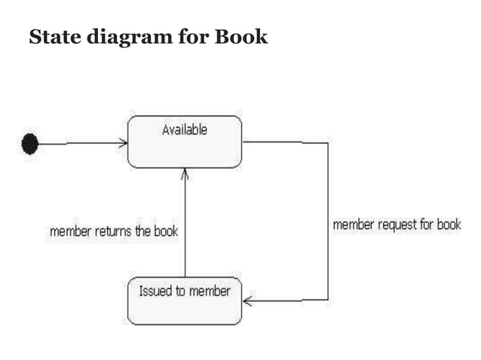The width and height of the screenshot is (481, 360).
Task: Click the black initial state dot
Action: (29, 143)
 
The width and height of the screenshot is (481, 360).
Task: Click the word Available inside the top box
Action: (185, 130)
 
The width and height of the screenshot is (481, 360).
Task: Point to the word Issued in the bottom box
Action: (154, 290)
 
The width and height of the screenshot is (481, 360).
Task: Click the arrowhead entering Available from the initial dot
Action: (124, 143)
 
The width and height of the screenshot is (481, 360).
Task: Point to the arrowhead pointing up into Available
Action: (185, 173)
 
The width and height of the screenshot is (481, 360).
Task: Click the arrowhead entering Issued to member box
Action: (247, 301)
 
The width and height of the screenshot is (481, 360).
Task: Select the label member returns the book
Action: (113, 231)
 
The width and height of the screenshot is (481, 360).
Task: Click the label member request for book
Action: (397, 224)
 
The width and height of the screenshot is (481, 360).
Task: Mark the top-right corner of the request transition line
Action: (328, 142)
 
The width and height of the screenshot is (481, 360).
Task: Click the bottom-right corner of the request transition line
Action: (328, 300)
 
